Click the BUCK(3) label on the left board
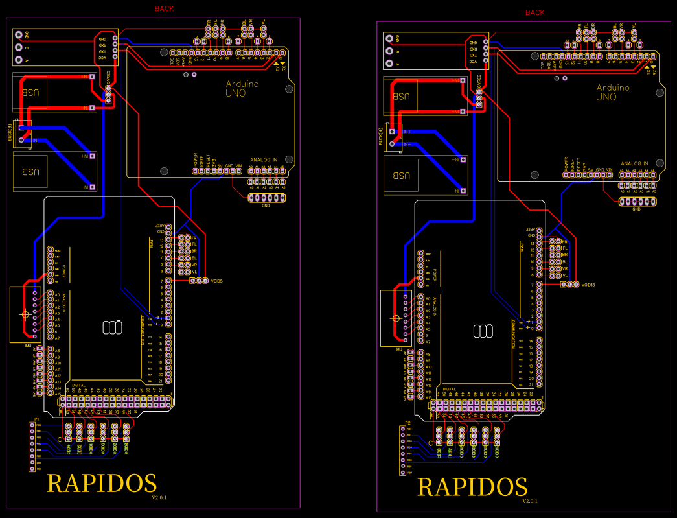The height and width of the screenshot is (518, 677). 10,132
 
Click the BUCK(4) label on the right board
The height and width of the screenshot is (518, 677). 381,137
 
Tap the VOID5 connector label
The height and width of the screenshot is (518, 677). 217,281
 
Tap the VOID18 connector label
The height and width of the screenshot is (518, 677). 588,285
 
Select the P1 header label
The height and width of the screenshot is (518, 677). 38,419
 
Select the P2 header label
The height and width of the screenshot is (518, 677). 407,423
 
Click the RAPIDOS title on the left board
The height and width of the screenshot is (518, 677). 102,483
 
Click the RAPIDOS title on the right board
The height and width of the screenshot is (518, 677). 472,487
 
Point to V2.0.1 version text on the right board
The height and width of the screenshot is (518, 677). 530,501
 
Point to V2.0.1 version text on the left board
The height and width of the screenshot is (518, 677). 159,497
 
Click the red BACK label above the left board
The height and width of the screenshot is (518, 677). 164,9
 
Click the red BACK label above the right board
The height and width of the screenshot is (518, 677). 534,13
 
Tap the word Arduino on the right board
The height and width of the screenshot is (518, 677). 612,88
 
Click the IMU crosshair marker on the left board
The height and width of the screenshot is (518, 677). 25,314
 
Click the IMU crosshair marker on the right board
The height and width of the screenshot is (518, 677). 396,318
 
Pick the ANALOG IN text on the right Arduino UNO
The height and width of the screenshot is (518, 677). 634,163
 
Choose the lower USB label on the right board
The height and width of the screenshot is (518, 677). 402,176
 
